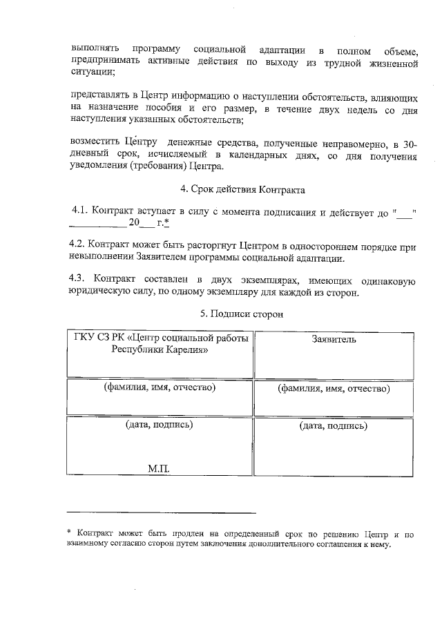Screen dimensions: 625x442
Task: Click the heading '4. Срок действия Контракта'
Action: pyautogui.click(x=242, y=189)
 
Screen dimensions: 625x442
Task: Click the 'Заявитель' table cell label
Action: pyautogui.click(x=334, y=339)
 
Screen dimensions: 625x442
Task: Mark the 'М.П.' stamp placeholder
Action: pyautogui.click(x=159, y=469)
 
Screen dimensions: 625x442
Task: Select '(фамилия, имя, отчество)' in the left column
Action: pyautogui.click(x=160, y=387)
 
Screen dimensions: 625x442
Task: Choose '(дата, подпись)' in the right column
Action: pyautogui.click(x=334, y=425)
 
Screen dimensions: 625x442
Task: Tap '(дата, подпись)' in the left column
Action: pyautogui.click(x=160, y=424)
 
